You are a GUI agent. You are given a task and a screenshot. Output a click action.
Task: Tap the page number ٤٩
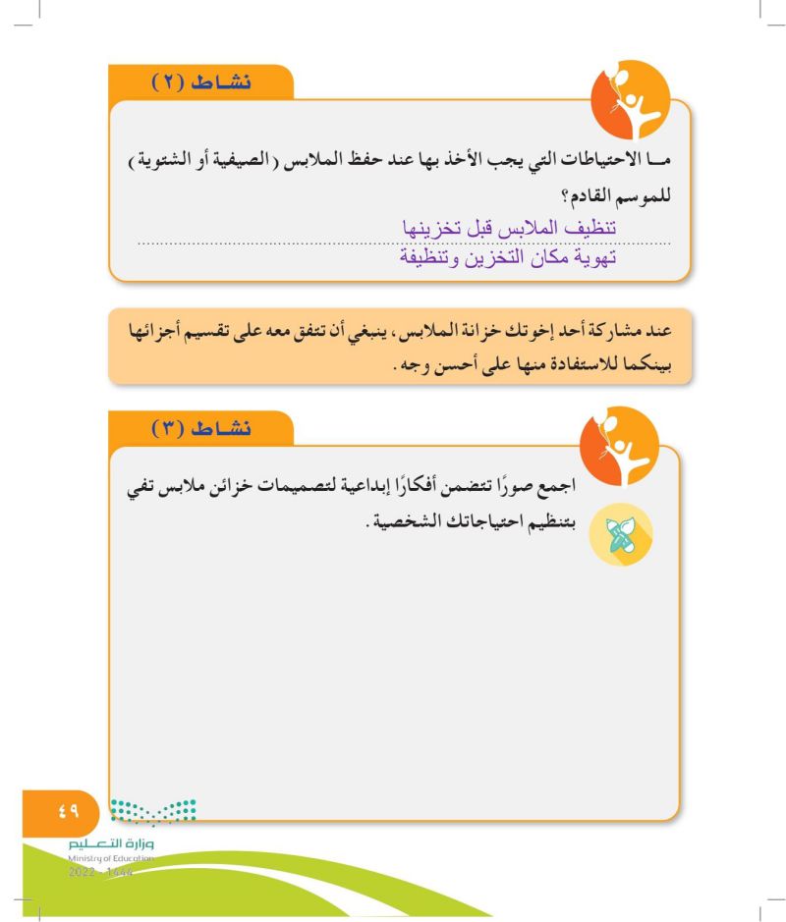pyautogui.click(x=66, y=812)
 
